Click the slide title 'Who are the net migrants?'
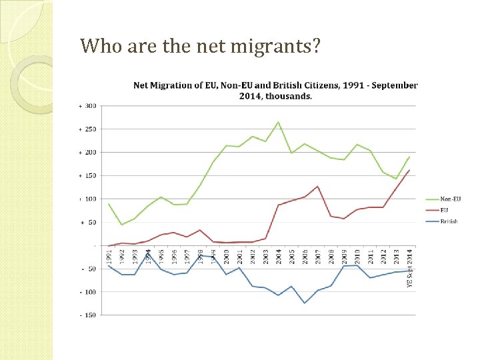pos(201,46)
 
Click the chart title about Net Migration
pos(275,90)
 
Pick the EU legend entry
pos(444,209)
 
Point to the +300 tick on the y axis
pos(88,106)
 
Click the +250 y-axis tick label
pos(88,129)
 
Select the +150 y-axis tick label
pos(88,176)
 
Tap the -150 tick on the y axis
pos(88,315)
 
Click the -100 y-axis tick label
pos(88,292)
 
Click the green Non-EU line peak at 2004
pos(279,122)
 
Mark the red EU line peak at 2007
pos(318,186)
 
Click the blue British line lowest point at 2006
pos(305,303)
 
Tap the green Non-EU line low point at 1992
pos(121,225)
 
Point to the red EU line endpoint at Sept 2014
pos(409,170)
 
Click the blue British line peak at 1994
pos(148,253)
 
